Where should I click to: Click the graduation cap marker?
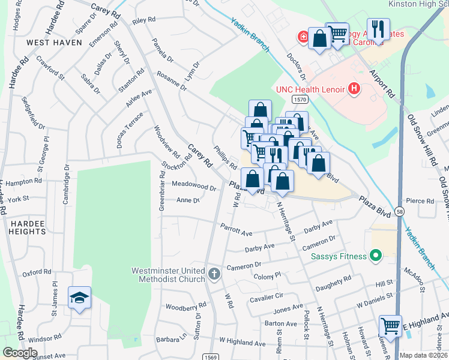click(79, 298)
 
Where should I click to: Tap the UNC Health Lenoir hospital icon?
click(354, 89)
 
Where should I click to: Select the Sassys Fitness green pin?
click(376, 256)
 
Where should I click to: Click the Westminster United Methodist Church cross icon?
click(214, 275)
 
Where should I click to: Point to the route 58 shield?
click(400, 212)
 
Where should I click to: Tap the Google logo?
click(20, 352)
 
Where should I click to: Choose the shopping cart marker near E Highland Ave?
click(391, 326)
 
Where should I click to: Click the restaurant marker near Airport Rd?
click(378, 28)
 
